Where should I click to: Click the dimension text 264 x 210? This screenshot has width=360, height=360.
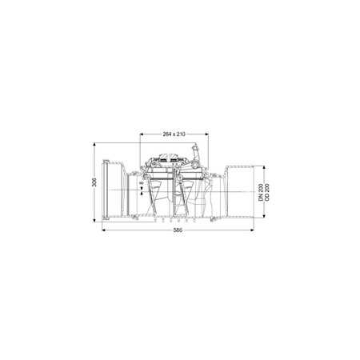click(x=174, y=134)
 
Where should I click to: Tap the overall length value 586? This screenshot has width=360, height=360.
click(x=178, y=230)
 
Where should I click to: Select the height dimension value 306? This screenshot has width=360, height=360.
click(x=94, y=182)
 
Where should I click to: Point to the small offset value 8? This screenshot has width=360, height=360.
click(x=142, y=183)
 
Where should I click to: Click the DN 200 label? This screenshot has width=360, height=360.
click(x=261, y=192)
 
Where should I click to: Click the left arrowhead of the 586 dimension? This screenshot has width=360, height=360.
click(x=104, y=230)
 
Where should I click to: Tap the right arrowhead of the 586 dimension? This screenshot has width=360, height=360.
click(x=252, y=230)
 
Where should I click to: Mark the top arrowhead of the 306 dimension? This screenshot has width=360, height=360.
click(x=94, y=145)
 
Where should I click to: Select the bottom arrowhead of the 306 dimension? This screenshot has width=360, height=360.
click(x=94, y=220)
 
